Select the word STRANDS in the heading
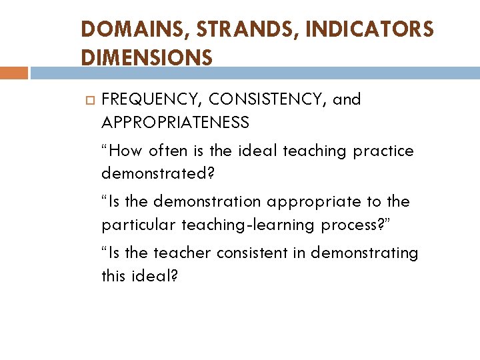pyautogui.click(x=225, y=30)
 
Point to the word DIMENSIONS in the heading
pyautogui.click(x=147, y=58)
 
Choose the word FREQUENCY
pyautogui.click(x=151, y=100)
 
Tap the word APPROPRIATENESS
pyautogui.click(x=175, y=123)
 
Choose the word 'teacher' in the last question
pyautogui.click(x=180, y=253)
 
